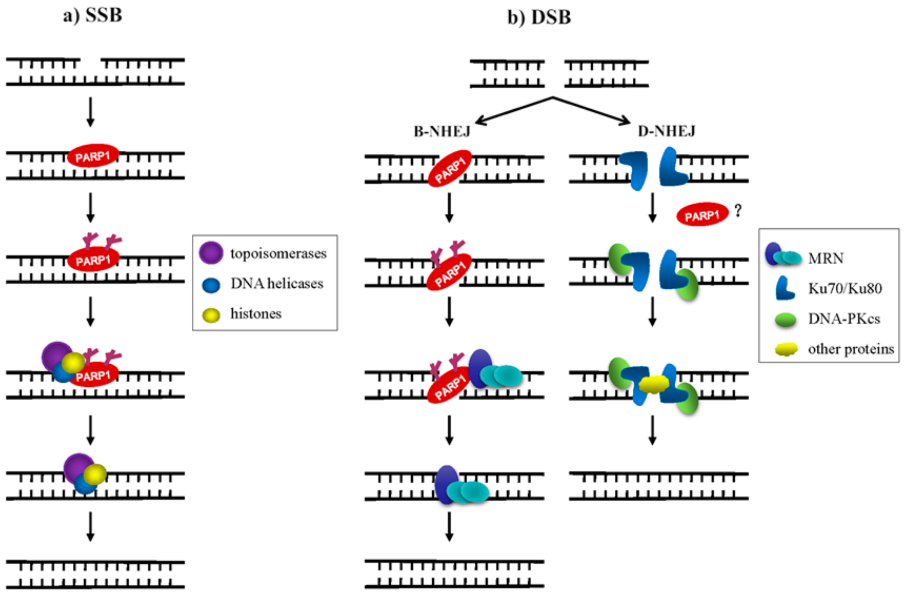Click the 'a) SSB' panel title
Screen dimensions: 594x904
(93, 16)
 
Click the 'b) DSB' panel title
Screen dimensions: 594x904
(539, 17)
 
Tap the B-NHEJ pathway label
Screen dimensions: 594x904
(442, 132)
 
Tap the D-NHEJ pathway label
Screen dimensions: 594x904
(666, 131)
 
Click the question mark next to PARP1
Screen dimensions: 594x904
(738, 211)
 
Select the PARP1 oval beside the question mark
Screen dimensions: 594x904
(702, 214)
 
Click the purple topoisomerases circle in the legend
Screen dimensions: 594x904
(211, 253)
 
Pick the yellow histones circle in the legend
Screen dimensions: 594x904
(211, 315)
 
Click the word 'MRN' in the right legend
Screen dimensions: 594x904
(826, 258)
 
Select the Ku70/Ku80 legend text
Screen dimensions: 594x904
(845, 288)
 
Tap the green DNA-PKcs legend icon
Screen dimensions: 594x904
(785, 319)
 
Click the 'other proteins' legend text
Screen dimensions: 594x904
(851, 349)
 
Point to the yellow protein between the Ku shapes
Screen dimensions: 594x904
(653, 384)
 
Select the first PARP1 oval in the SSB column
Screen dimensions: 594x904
(93, 156)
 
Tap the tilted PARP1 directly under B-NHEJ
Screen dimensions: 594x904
(449, 169)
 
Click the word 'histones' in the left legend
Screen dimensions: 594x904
(256, 314)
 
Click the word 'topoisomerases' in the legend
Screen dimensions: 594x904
(278, 254)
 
